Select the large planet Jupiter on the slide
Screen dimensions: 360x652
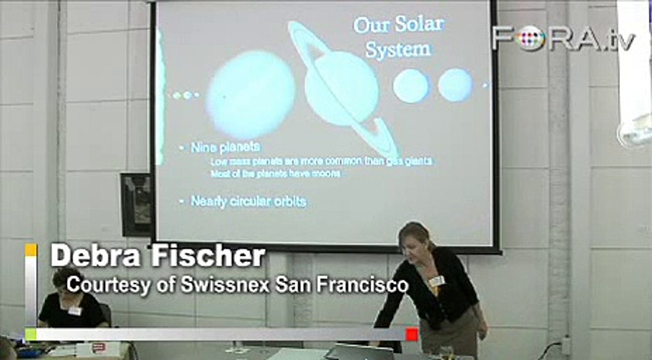tap(251, 95)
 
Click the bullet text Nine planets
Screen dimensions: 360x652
tap(225, 147)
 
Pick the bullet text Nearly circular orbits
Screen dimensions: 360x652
tap(248, 202)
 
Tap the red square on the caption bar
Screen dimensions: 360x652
tap(412, 334)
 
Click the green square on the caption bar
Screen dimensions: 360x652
tap(31, 334)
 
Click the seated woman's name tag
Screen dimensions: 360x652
tap(75, 311)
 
